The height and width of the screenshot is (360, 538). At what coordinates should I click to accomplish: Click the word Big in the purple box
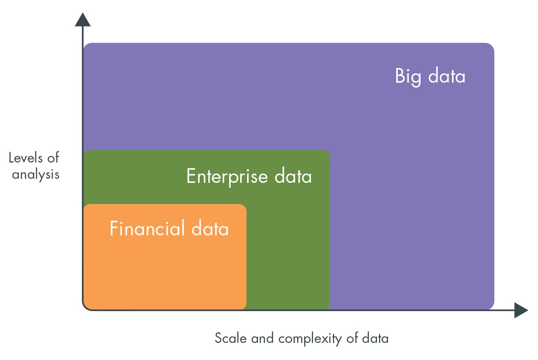408,77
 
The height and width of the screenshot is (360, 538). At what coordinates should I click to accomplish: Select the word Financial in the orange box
147,228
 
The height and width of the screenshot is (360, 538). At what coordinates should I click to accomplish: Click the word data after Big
447,76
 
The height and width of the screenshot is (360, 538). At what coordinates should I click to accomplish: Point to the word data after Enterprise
293,176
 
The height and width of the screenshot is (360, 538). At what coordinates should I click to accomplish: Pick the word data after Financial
210,228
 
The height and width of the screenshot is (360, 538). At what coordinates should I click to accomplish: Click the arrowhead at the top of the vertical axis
83,20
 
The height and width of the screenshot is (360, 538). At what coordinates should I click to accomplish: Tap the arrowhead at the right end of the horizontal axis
521,310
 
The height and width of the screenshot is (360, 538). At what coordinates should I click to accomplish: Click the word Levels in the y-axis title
26,158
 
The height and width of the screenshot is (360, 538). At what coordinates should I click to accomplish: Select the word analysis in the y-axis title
35,175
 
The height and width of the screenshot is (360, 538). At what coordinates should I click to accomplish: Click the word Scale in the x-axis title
231,338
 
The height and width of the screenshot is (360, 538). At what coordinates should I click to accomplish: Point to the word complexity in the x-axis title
310,339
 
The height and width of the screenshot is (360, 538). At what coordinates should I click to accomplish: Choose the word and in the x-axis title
262,338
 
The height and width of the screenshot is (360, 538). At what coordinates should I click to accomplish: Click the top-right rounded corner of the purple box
492,46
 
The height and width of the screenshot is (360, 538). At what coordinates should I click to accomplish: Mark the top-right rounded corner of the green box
327,153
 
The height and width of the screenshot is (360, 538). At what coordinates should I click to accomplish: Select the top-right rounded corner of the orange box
244,207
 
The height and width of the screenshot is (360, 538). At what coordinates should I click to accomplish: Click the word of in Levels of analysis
53,158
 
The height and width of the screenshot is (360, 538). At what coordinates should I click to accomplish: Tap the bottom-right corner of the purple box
492,307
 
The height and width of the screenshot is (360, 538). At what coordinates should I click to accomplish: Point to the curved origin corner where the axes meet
85,308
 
